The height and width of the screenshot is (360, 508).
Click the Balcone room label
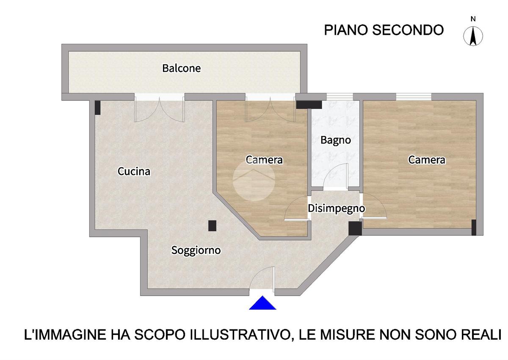coord(182,68)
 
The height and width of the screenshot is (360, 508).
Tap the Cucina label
coord(134,172)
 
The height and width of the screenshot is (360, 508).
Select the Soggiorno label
coord(196,251)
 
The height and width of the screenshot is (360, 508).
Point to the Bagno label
coord(336,141)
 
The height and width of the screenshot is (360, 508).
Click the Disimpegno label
coord(336,209)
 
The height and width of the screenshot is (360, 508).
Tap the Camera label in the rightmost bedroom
coord(427,160)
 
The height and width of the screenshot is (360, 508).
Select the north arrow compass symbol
coord(473,36)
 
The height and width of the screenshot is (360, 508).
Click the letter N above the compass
coord(473,19)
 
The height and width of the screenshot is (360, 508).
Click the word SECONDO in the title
coord(408,30)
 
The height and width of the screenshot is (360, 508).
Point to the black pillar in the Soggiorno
coord(212,226)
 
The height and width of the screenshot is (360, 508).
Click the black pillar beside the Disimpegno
coord(355,228)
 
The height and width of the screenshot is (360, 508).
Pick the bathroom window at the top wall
coord(340,97)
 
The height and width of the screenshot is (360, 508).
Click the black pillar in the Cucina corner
coord(97,108)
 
